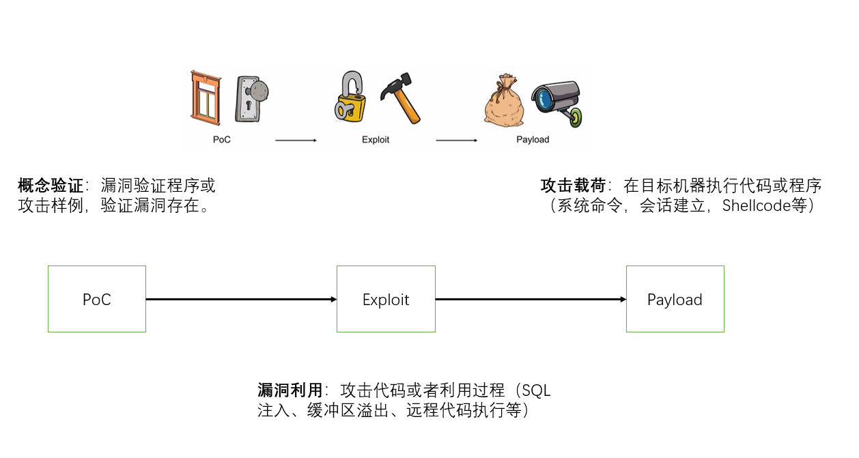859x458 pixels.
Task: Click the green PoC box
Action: click(96, 299)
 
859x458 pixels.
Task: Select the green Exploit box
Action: click(386, 299)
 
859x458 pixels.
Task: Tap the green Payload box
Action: click(675, 299)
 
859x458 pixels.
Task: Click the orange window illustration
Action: click(206, 97)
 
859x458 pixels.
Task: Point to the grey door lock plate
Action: click(250, 99)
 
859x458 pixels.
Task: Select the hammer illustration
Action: click(400, 99)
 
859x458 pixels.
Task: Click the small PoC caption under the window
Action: click(221, 140)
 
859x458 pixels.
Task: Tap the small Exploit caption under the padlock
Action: click(376, 140)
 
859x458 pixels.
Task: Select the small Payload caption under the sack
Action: click(533, 140)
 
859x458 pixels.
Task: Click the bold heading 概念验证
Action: click(50, 186)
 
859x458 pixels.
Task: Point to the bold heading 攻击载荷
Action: click(572, 186)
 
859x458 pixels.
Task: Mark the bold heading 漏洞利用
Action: click(290, 390)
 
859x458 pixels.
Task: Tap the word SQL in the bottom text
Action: click(535, 390)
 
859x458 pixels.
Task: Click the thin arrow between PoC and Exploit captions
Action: click(296, 141)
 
